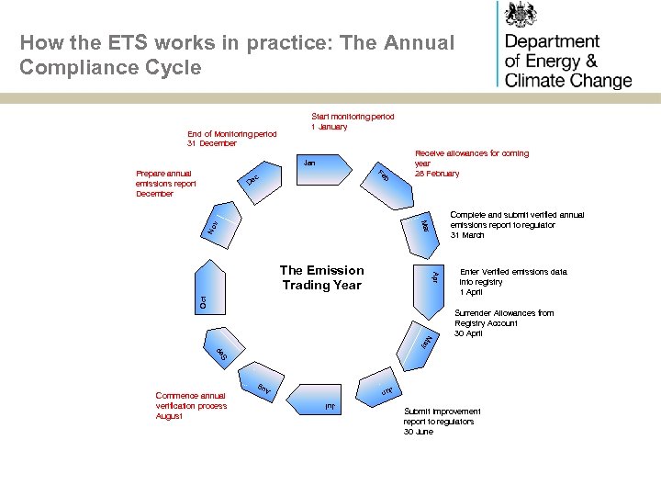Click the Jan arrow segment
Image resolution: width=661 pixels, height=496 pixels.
click(322, 169)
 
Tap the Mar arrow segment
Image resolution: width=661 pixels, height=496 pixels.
click(423, 224)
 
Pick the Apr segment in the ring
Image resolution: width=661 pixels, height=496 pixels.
click(437, 276)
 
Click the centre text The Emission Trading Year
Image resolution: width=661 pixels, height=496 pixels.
click(321, 277)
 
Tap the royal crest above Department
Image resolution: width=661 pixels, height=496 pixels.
click(523, 15)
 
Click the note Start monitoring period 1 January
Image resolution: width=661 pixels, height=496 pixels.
click(353, 121)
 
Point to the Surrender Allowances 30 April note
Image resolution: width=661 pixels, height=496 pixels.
click(503, 322)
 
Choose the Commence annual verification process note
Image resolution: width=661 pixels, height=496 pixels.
click(191, 406)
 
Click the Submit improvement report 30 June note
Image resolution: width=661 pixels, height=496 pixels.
click(442, 422)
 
